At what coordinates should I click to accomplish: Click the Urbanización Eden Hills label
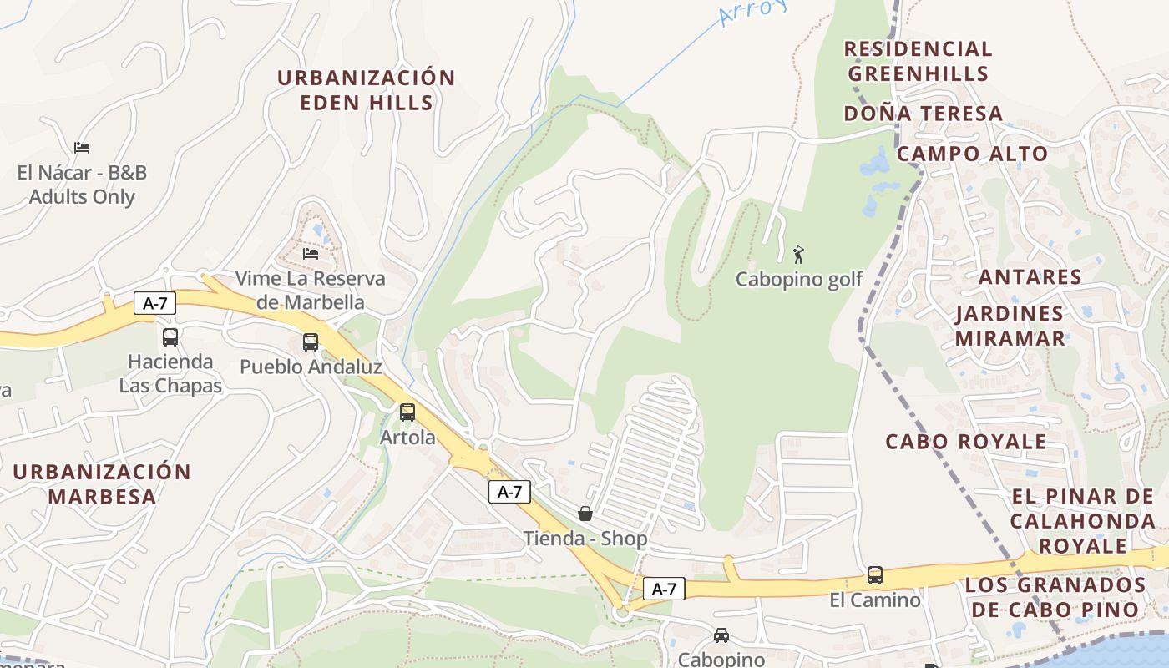coord(366,90)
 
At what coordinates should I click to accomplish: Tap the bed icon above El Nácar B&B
coord(81,148)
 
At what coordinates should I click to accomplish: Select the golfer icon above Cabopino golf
coord(798,255)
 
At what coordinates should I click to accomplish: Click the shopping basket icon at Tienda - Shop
coord(585,513)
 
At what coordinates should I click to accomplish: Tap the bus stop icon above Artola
coord(407,412)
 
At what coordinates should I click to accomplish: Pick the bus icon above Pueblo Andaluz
coord(310,342)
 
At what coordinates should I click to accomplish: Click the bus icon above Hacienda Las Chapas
coord(170,337)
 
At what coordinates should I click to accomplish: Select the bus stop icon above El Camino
coord(874,574)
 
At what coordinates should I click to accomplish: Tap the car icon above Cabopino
coord(721,635)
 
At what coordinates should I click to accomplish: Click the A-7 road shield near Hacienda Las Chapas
coord(154,303)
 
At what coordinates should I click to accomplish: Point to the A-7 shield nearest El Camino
coord(664,589)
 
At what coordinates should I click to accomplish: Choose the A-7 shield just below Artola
coord(509,492)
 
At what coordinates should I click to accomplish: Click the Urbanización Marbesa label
coord(102,484)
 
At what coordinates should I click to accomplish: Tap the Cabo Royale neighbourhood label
coord(965,442)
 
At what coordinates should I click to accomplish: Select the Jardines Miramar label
coord(1010,326)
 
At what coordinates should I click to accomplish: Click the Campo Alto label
coord(972,154)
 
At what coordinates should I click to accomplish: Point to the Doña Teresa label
coord(923,114)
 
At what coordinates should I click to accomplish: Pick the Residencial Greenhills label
coord(918,61)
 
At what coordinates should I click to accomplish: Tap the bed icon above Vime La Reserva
coord(310,253)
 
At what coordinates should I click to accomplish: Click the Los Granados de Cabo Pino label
coord(1055,596)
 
